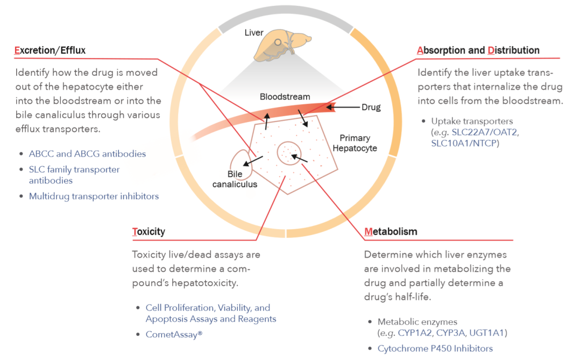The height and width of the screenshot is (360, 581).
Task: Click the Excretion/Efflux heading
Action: pos(49,51)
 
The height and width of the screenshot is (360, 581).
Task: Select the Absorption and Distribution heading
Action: pos(478,51)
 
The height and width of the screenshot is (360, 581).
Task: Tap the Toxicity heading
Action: pos(148,232)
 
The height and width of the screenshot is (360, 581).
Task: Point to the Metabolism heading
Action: pos(391,232)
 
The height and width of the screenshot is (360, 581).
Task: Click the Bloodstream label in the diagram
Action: pos(285,97)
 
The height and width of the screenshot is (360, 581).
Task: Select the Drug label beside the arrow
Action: pos(371,107)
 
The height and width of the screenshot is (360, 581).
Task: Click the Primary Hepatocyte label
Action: pos(358,143)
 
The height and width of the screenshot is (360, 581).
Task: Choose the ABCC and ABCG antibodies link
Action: pos(87,154)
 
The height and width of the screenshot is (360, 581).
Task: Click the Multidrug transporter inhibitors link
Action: pos(94,196)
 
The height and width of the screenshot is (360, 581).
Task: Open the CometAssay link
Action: pos(174,335)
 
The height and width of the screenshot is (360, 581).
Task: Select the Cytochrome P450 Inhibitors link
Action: pos(435,348)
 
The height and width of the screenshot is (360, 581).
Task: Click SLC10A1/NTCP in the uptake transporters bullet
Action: pos(465,144)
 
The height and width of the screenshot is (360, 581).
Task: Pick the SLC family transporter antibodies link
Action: pos(74,175)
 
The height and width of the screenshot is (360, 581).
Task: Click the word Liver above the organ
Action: pos(254,33)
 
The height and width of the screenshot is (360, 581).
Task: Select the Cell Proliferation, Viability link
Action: pos(208,308)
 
